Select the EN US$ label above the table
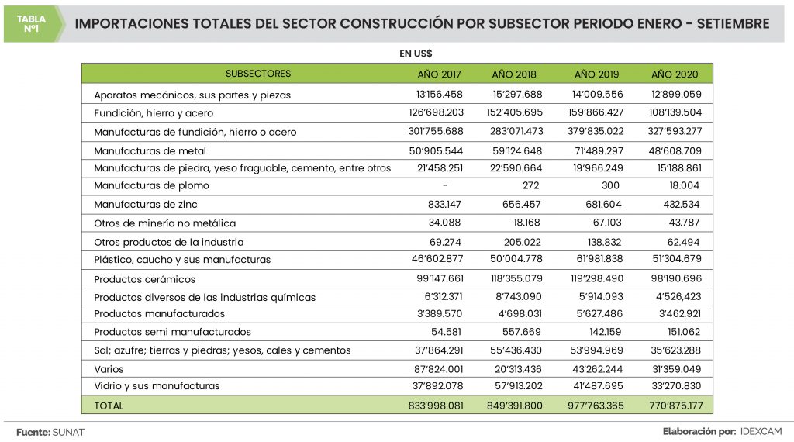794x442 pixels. tap(416, 54)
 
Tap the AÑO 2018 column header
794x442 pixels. tap(514, 74)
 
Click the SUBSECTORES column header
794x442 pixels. tap(258, 74)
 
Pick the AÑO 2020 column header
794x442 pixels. tap(675, 74)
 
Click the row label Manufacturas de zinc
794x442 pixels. tap(146, 205)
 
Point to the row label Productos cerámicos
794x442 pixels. tap(145, 279)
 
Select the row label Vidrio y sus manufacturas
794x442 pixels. tap(157, 386)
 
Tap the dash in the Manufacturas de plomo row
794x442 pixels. tap(445, 186)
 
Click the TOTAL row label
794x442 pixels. tap(109, 406)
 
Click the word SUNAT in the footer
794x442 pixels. tap(68, 431)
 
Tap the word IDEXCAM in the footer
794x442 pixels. tap(762, 431)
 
